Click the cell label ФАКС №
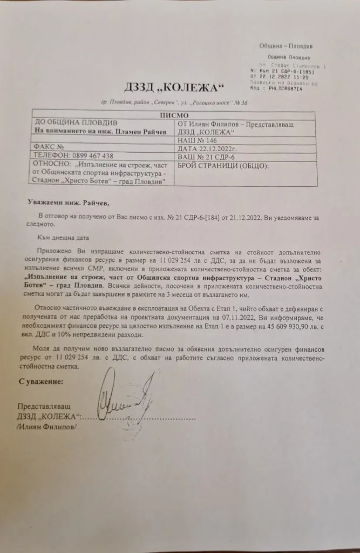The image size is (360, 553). pos(50,147)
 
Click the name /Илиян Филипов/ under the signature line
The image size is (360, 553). pos(47,427)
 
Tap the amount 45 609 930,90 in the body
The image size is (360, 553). pos(271,327)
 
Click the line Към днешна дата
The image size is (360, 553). pos(61,237)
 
